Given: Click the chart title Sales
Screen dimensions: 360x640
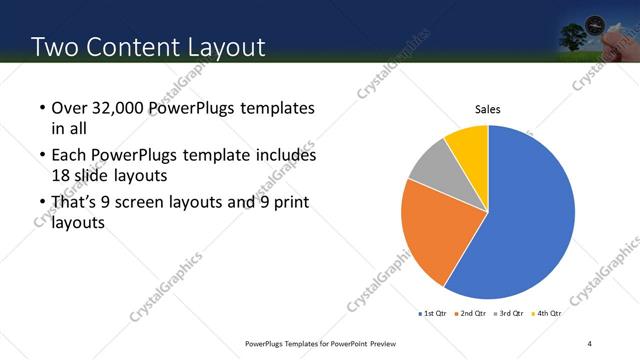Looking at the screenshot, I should pyautogui.click(x=487, y=110).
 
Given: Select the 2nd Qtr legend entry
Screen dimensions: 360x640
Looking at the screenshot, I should pyautogui.click(x=474, y=314).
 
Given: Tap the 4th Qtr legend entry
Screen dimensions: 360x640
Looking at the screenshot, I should pyautogui.click(x=548, y=314).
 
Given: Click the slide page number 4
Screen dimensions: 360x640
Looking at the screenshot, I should pyautogui.click(x=590, y=344).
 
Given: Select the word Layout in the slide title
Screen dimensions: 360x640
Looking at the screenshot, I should pyautogui.click(x=226, y=47).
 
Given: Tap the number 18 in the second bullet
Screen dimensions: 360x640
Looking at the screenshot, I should pyautogui.click(x=61, y=174).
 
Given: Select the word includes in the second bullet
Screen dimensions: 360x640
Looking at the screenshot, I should pyautogui.click(x=287, y=156).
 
